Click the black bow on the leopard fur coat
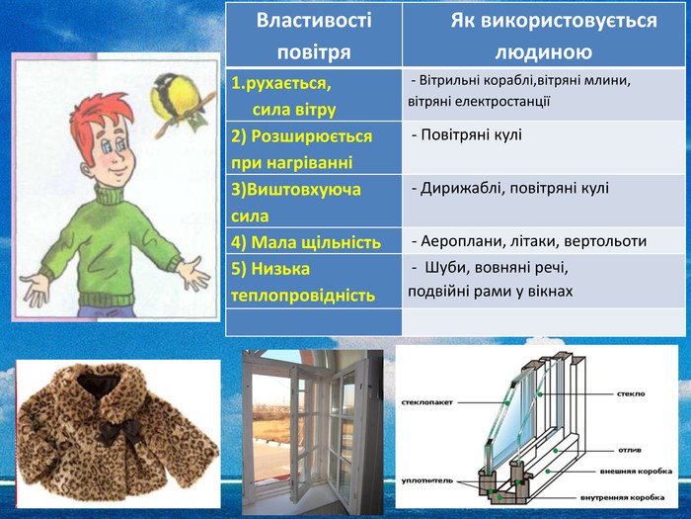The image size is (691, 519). pos(118,431)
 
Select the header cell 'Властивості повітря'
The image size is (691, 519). pos(314,35)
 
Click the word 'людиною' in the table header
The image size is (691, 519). pos(543,51)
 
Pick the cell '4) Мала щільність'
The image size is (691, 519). pos(314,241)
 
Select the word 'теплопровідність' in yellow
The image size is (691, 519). pos(303,296)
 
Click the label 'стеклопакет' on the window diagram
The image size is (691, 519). pos(427,402)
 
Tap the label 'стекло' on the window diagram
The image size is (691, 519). pos(631,393)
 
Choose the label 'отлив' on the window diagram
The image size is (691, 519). pos(630,450)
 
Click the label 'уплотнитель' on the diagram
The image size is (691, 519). pos(427,480)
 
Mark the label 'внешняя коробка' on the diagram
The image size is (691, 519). pos(636,471)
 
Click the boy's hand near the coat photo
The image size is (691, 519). pos(36,289)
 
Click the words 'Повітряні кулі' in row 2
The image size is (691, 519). pos(471,134)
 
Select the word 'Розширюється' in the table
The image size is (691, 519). pos(311,136)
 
